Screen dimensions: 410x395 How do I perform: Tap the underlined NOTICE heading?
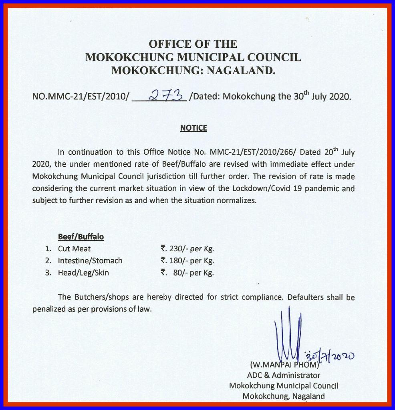(x=193, y=128)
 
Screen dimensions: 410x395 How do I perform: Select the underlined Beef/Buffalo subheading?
(x=81, y=237)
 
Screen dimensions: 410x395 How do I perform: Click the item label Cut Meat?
(x=74, y=249)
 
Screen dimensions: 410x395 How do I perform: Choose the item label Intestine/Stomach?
(x=90, y=261)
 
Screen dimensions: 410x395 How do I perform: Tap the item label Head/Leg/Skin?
(x=83, y=273)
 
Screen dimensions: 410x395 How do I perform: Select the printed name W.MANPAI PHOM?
(x=284, y=365)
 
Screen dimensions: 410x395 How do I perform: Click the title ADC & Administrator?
(x=284, y=376)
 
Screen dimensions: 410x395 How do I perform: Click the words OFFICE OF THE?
(x=193, y=44)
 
